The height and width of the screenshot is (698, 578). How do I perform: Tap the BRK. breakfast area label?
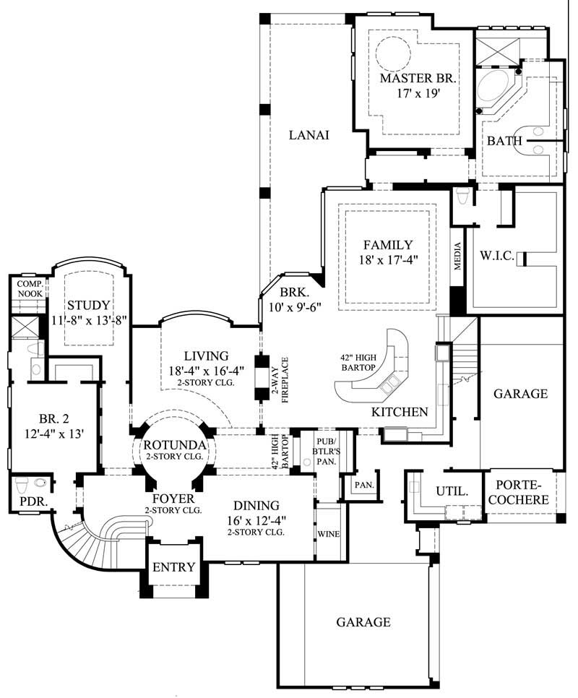(294, 293)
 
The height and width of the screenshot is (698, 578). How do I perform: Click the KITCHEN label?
(400, 412)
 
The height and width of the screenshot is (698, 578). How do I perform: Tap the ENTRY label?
(173, 567)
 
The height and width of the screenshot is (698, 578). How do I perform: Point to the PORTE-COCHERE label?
(521, 492)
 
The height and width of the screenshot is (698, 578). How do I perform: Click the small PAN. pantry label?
(363, 485)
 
